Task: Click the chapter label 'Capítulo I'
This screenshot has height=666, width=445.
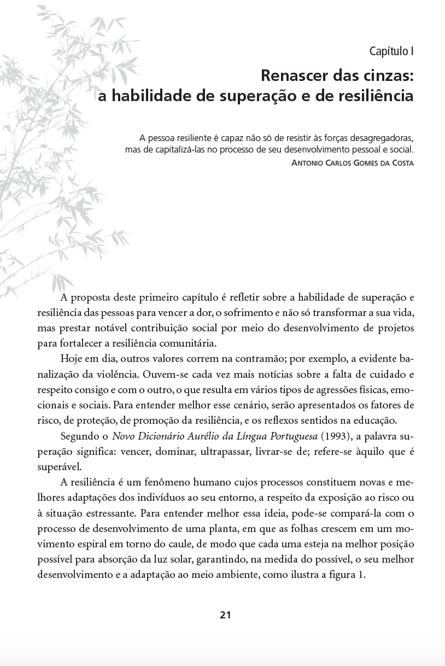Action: (391, 52)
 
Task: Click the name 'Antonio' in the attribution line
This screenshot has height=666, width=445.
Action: (309, 163)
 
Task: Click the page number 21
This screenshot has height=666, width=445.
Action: (225, 615)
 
